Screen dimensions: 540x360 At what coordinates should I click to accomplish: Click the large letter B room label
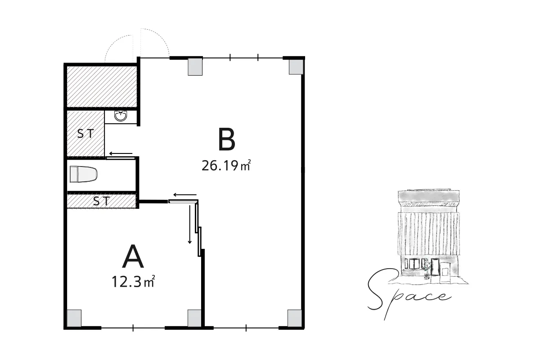coord(227,139)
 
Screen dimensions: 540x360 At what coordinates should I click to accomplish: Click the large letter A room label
coord(133,256)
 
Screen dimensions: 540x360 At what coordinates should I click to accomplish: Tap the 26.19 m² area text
coord(226,166)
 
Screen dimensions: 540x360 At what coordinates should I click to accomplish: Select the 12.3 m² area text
coord(133,281)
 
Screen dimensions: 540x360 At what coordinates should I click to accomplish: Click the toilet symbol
coord(84,174)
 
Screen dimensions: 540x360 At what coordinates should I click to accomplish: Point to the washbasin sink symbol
coord(121,116)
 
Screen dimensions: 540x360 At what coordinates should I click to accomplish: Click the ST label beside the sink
coord(85,134)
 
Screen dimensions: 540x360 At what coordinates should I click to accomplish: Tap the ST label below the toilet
coord(101,201)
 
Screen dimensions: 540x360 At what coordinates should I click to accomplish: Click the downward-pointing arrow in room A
coord(190,224)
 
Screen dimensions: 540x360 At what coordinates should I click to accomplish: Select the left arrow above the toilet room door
coord(121,153)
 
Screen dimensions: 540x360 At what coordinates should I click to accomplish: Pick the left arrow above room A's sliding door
coord(185,194)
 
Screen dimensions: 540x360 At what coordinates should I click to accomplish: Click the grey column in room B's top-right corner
coord(296,67)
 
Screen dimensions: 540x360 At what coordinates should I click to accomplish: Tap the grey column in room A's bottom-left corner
coord(74,318)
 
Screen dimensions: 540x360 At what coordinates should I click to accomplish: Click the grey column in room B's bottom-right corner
coord(295,318)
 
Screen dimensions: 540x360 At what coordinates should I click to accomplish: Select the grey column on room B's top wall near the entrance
coord(195,67)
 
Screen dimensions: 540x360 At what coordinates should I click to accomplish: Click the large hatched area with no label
coord(102,86)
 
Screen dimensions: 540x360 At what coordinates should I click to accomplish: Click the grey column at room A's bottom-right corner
coord(194,318)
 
